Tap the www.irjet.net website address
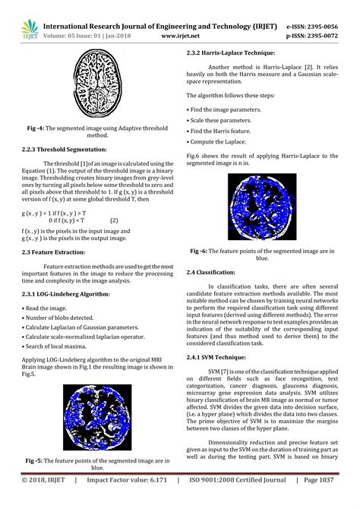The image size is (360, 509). (181, 34)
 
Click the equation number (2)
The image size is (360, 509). (114, 221)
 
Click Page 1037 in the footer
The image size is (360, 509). (330, 501)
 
